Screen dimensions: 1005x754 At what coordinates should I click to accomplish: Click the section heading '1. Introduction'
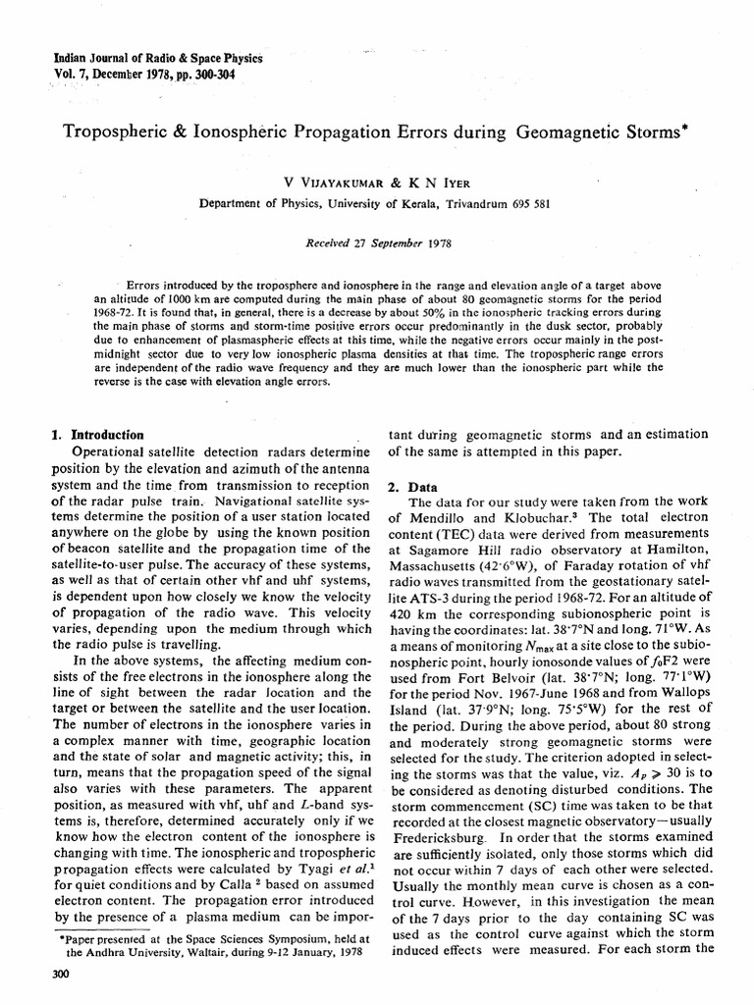[97, 435]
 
